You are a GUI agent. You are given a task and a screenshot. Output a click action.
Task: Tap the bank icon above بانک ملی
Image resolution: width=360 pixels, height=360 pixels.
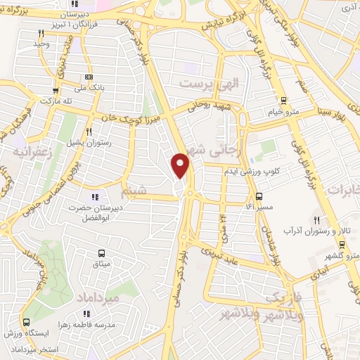[x=88, y=77]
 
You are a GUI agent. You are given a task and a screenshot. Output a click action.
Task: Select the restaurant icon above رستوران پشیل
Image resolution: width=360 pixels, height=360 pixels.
[x=89, y=131]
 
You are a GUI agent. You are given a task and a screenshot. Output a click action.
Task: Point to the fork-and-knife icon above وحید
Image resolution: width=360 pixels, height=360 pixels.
[x=42, y=33]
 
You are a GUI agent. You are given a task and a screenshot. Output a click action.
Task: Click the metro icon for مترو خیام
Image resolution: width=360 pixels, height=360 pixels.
[x=283, y=100]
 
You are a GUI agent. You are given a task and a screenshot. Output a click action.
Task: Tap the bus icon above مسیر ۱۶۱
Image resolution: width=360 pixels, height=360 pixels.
[x=259, y=195]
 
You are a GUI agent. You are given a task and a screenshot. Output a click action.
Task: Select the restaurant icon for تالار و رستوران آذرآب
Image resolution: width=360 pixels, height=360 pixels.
[x=317, y=221]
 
